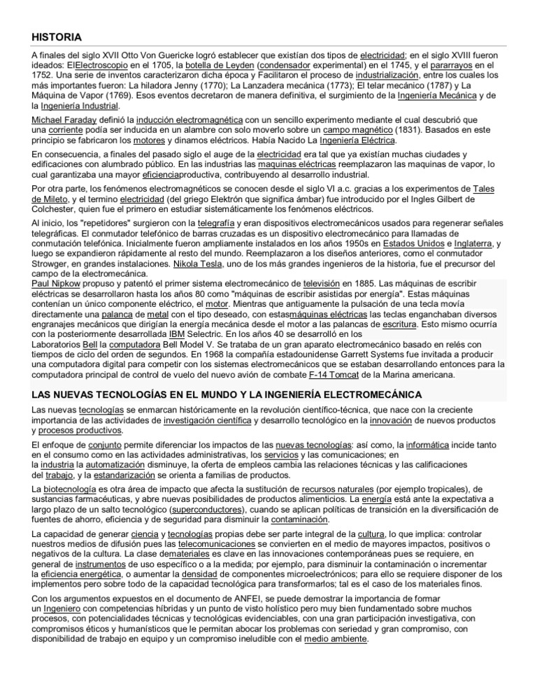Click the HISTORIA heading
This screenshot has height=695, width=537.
(57, 36)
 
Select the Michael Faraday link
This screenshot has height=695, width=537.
(66, 120)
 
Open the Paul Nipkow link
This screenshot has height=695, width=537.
(57, 284)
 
